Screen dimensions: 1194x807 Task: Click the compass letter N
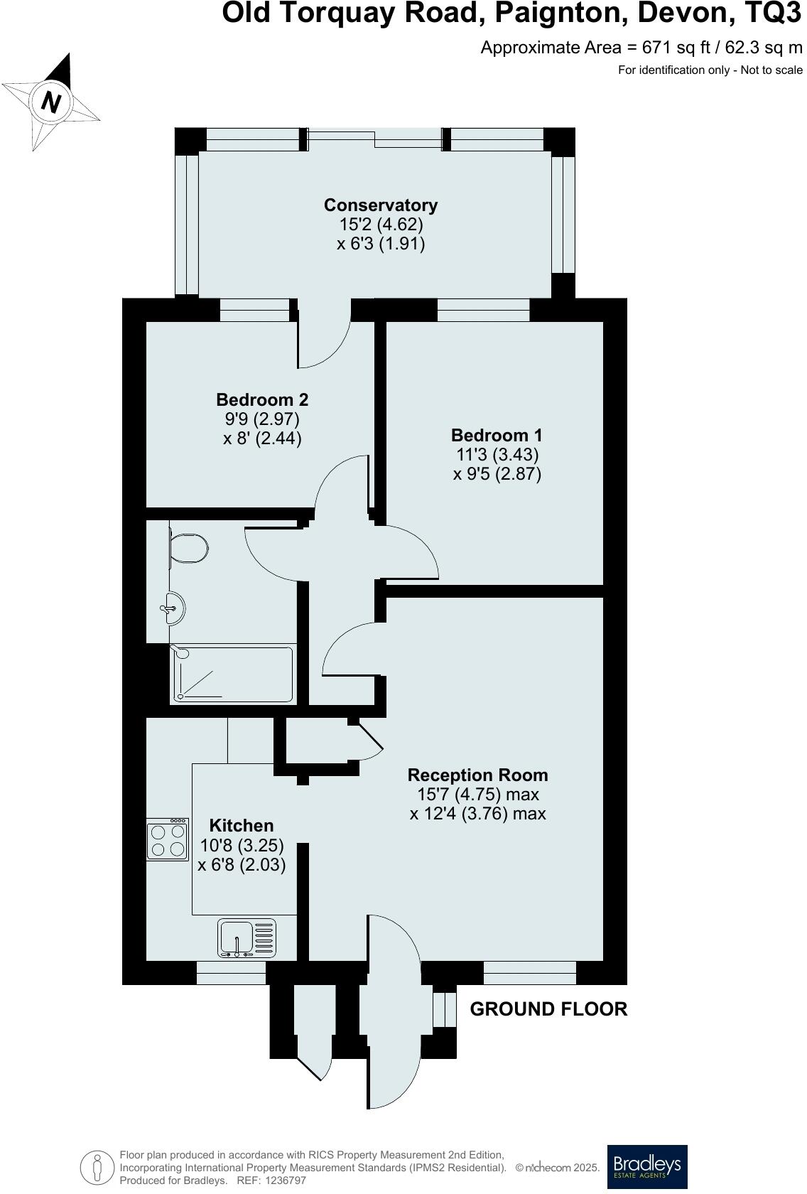[x=50, y=102]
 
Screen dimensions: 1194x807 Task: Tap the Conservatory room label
[x=381, y=205]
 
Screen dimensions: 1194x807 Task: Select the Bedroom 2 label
[x=262, y=399]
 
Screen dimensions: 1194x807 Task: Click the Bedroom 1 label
[x=497, y=435]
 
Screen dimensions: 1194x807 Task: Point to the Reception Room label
[x=478, y=775]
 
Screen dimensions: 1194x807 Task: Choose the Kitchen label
[x=241, y=825]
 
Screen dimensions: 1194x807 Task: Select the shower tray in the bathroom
[x=232, y=673]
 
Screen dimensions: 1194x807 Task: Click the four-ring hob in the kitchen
[x=168, y=840]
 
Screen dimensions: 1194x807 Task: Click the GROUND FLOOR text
[x=548, y=1009]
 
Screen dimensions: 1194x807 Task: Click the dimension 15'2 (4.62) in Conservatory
[x=381, y=225]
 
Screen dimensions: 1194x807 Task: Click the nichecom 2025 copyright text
[x=558, y=1168]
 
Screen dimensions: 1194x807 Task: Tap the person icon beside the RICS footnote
[x=97, y=1167]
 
